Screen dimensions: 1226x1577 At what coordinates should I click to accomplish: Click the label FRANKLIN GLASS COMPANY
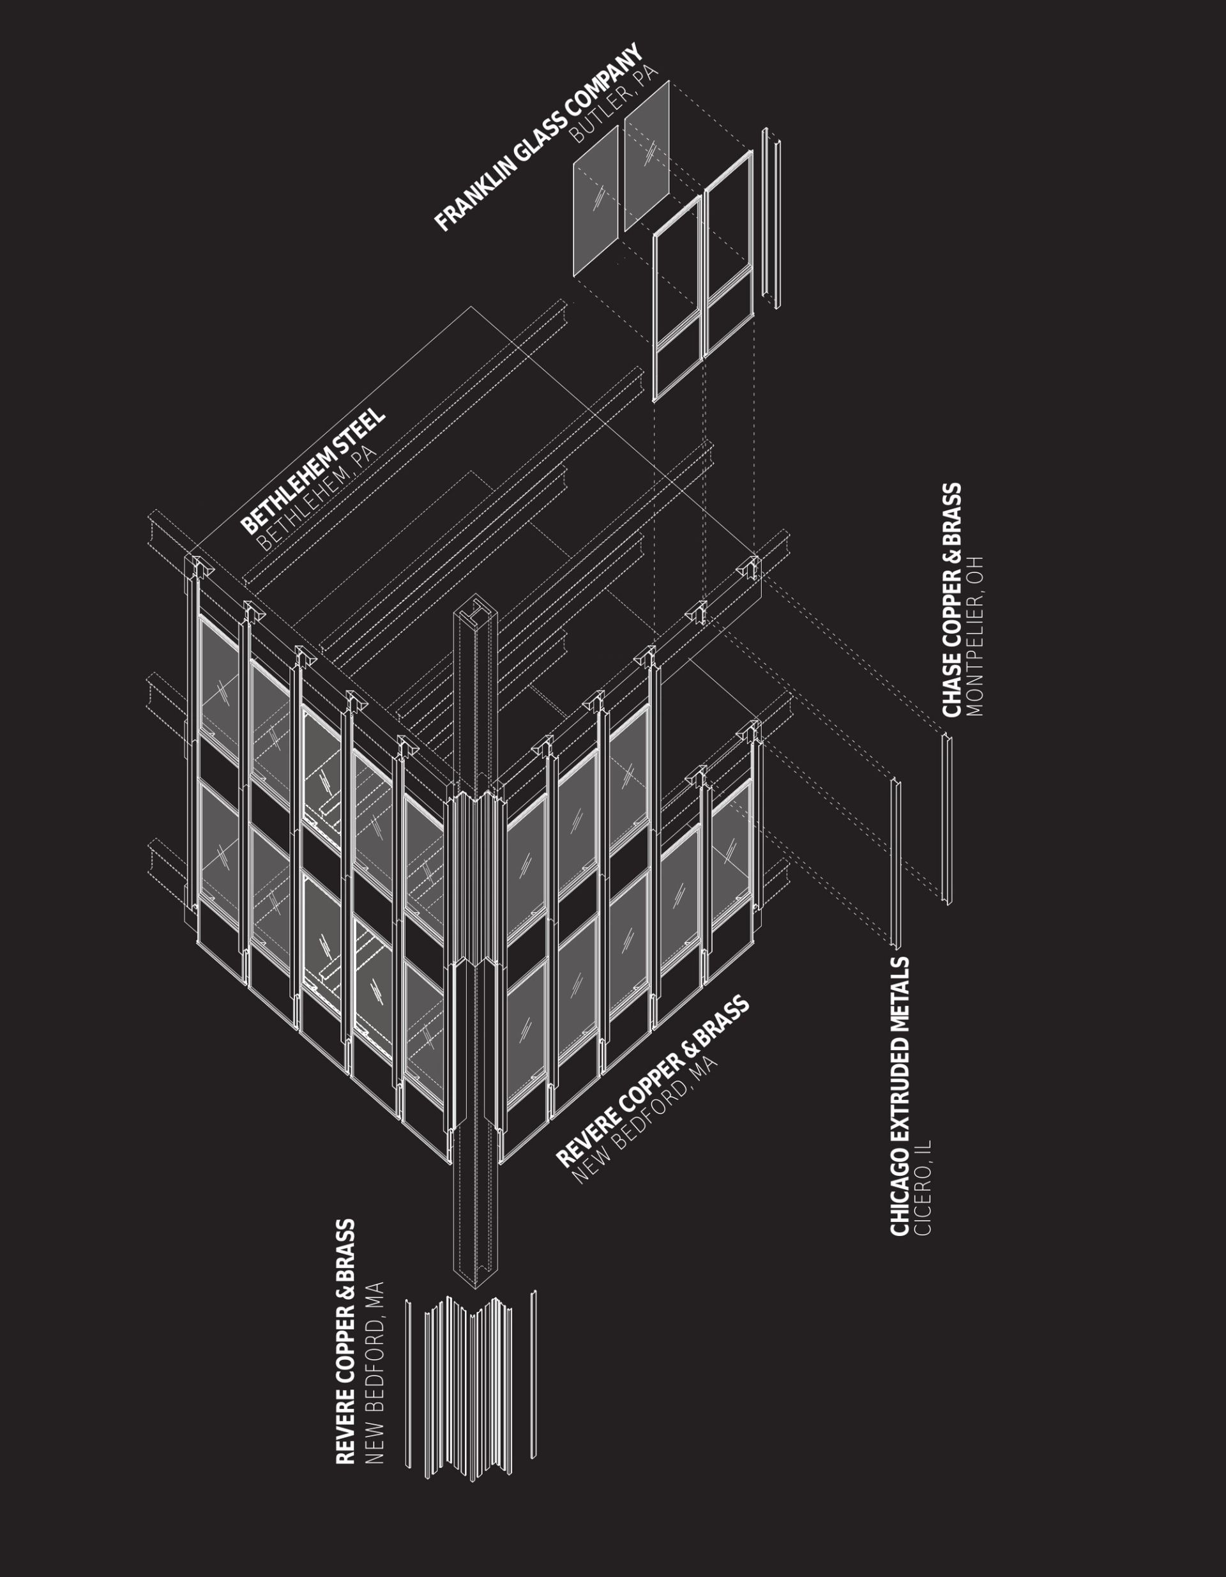coord(538,138)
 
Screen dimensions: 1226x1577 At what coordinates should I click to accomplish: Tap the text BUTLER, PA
coord(614,104)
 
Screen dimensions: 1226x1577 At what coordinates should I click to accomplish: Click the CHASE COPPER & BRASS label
coord(952,600)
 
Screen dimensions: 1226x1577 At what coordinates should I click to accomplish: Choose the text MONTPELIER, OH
coord(975,636)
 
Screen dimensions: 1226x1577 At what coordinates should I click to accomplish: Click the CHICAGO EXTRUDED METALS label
coord(900,1097)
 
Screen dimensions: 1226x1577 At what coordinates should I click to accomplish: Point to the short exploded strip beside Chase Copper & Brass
coord(946,819)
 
